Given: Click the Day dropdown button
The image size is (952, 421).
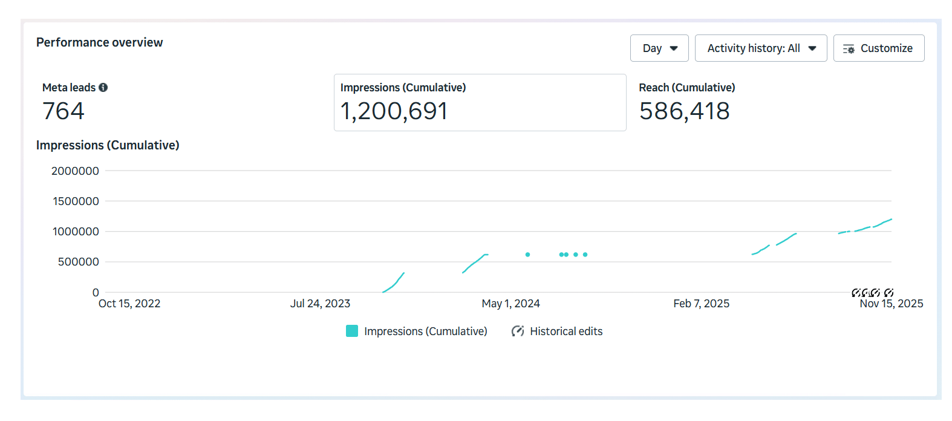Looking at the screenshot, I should click(659, 48).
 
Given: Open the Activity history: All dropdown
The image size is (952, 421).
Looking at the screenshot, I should click(760, 48).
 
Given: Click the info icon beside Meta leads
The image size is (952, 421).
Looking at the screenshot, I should click(103, 88).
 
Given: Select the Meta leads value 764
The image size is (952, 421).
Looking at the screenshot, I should click(64, 111).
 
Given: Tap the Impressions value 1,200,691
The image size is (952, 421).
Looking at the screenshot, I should click(394, 111).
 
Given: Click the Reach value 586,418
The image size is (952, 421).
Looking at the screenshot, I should click(684, 111).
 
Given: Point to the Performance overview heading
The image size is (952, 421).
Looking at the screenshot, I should click(99, 42).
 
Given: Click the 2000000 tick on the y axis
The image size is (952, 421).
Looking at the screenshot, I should click(75, 171).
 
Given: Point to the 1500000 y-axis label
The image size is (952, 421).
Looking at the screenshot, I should click(76, 201).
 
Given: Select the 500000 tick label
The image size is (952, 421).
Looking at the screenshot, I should click(78, 262).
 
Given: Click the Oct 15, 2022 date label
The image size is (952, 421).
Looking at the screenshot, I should click(129, 304).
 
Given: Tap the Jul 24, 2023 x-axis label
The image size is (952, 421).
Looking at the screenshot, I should click(320, 304).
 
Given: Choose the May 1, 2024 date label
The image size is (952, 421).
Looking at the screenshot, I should click(510, 304).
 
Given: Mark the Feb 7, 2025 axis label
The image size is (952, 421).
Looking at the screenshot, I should click(701, 304).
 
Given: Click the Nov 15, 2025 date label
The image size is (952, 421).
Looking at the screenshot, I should click(891, 304).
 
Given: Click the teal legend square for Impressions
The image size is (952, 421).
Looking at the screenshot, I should click(352, 331).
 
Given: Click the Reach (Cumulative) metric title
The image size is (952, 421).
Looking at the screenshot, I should click(686, 88).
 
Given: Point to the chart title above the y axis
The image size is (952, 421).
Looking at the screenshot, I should click(108, 145).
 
